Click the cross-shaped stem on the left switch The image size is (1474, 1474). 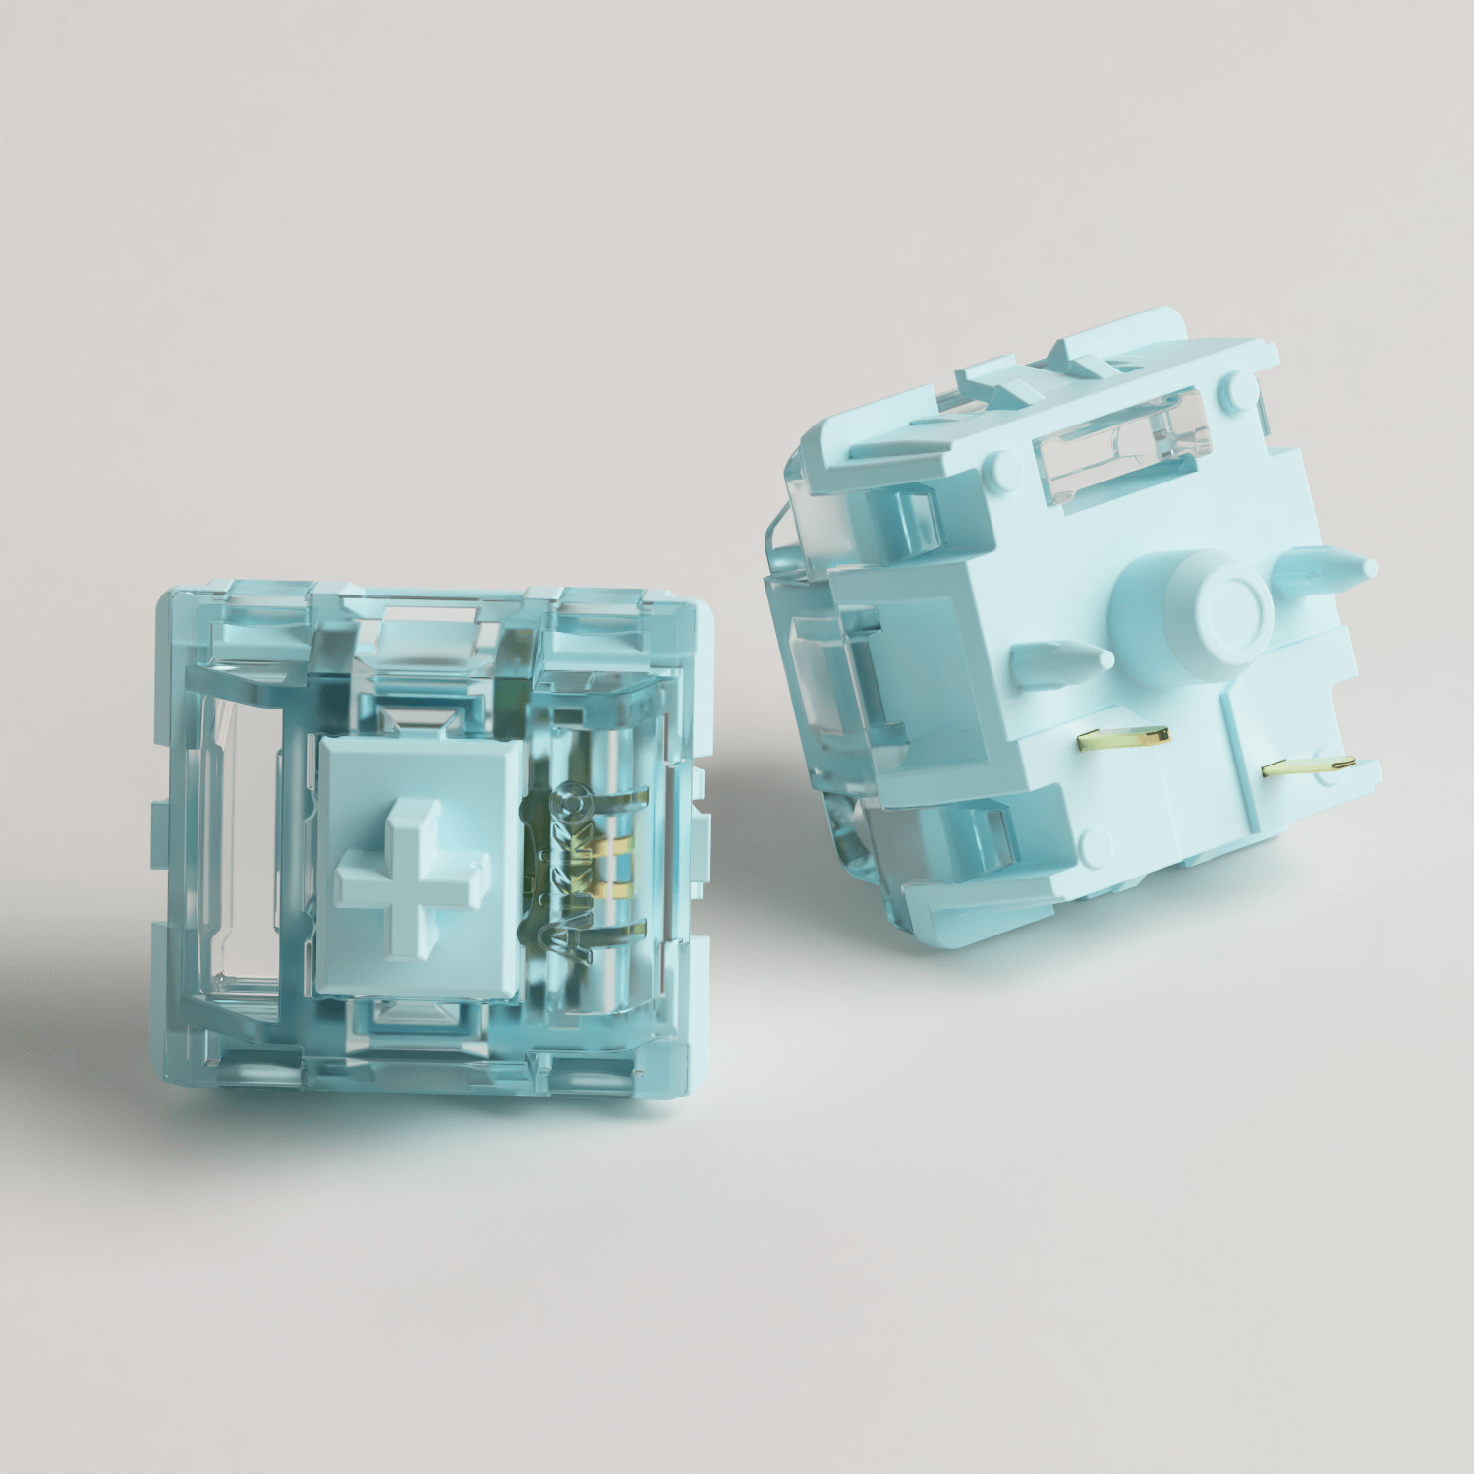click(412, 877)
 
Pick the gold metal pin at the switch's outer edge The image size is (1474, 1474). click(1308, 765)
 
